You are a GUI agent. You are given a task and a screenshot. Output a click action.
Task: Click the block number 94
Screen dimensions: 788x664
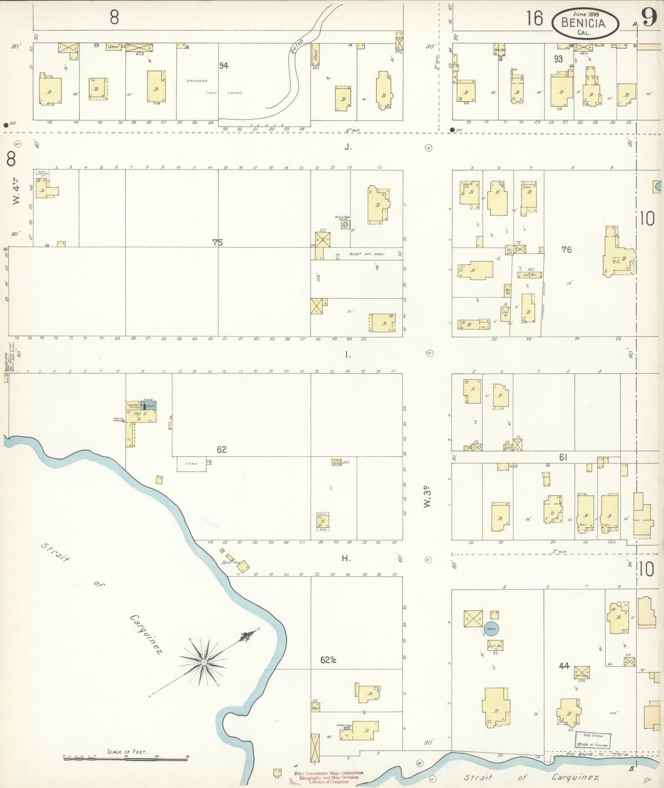(x=223, y=66)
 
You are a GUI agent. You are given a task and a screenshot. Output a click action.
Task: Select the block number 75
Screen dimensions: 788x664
(x=217, y=242)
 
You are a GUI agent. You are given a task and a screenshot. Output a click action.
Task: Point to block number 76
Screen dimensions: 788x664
(x=566, y=250)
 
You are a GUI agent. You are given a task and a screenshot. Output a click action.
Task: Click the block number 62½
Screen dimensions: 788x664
(x=328, y=660)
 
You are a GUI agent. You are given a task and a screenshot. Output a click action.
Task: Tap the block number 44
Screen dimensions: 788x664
(x=564, y=666)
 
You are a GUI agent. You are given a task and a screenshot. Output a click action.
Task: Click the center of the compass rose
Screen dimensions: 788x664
(x=203, y=662)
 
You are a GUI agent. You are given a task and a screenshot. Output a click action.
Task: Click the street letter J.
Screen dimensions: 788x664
(x=348, y=147)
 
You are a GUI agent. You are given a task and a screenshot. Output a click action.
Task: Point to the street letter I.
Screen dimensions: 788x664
(x=348, y=354)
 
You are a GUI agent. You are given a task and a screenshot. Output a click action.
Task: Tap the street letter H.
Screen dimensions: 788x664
(x=346, y=559)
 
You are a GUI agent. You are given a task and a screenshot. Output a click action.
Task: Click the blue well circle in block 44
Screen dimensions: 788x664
(x=491, y=628)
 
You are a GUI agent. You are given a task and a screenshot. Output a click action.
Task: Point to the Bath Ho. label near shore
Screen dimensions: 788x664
(x=231, y=562)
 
